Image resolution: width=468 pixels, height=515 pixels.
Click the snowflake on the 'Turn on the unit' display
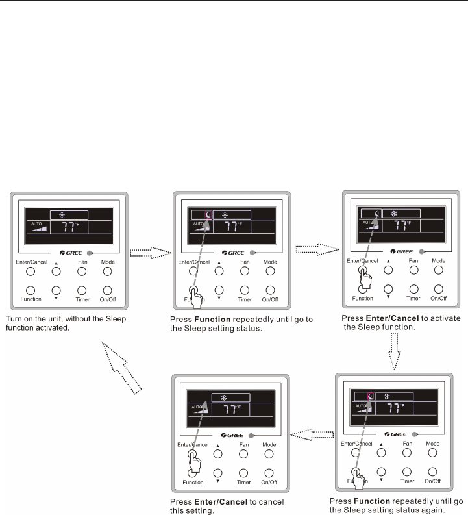click(63, 215)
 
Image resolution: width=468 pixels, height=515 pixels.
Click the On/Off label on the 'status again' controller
click(432, 481)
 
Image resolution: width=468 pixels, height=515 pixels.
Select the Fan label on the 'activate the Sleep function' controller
click(413, 260)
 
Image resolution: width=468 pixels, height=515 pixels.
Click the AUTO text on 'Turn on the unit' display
click(36, 223)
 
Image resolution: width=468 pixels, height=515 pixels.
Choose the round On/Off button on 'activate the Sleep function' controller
click(439, 288)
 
